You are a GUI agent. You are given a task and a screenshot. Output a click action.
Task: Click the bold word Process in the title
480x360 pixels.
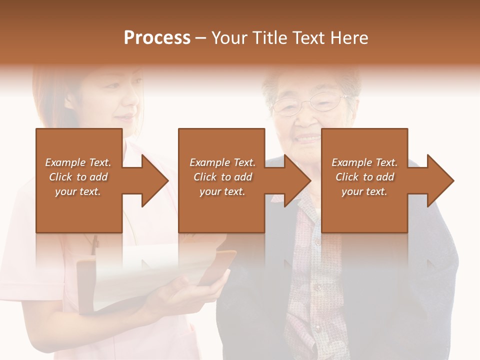coord(157,38)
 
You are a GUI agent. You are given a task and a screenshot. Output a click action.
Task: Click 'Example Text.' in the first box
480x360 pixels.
coord(78,162)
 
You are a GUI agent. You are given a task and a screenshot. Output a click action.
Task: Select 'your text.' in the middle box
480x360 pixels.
coord(222,191)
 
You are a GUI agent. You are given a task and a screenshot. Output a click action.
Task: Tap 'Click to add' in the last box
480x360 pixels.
coord(364,177)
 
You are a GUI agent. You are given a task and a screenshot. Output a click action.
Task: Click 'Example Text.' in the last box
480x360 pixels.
coord(364,162)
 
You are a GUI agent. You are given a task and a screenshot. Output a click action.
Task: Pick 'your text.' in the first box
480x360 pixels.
coord(78,191)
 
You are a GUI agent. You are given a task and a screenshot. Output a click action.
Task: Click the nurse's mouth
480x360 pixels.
coord(125,118)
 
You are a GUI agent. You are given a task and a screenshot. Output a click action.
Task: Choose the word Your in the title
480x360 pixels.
coord(230,38)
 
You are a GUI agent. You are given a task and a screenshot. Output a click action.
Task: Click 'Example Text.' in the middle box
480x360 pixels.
coord(222,162)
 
